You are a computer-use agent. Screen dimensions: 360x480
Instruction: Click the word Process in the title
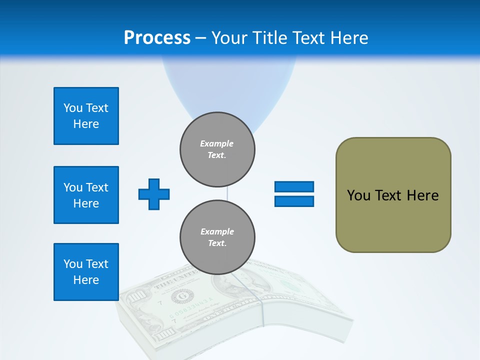coord(157,38)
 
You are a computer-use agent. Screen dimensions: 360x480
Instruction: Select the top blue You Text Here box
coord(86,116)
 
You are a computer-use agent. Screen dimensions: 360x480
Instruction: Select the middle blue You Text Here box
coord(86,195)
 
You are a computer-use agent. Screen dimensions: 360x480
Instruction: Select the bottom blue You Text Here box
coord(86,272)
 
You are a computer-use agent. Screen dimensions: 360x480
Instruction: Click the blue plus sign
coord(154,194)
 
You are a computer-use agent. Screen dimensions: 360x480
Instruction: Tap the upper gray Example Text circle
coord(217,149)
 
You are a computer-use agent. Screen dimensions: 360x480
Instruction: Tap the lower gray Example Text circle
coord(217,237)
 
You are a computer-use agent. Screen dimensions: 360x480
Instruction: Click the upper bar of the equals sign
coord(294,186)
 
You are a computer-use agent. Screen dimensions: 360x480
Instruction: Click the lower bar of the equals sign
coord(294,201)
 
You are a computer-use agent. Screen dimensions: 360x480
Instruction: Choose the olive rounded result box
coord(393,220)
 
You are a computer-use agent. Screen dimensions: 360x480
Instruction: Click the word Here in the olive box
coord(422,195)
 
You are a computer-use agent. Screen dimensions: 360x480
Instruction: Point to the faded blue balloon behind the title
coord(227,85)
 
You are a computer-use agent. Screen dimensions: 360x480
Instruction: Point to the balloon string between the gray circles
coord(227,193)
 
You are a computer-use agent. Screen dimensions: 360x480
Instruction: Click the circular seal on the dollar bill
coord(179,297)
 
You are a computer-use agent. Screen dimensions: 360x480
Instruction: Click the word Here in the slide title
coord(348,38)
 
